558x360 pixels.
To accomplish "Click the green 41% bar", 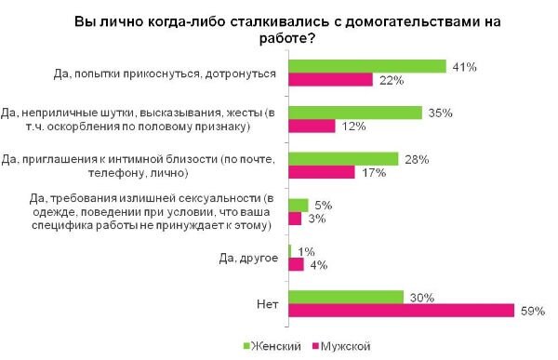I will pyautogui.click(x=368, y=66).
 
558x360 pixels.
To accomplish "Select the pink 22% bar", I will pyautogui.click(x=331, y=80).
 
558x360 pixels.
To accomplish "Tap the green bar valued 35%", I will pyautogui.click(x=356, y=112).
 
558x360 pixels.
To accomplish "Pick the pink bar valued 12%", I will pyautogui.click(x=312, y=126).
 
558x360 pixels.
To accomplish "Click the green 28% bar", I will pyautogui.click(x=343, y=158).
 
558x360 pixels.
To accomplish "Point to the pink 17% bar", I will pyautogui.click(x=322, y=172).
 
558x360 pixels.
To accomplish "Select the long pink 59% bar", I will pyautogui.click(x=402, y=310).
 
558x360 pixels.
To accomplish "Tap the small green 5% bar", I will pyautogui.click(x=299, y=205).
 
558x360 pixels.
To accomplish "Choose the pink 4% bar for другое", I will pyautogui.click(x=297, y=264).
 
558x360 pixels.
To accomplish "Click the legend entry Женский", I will pyautogui.click(x=278, y=346).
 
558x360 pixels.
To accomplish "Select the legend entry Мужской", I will pyautogui.click(x=346, y=346).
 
